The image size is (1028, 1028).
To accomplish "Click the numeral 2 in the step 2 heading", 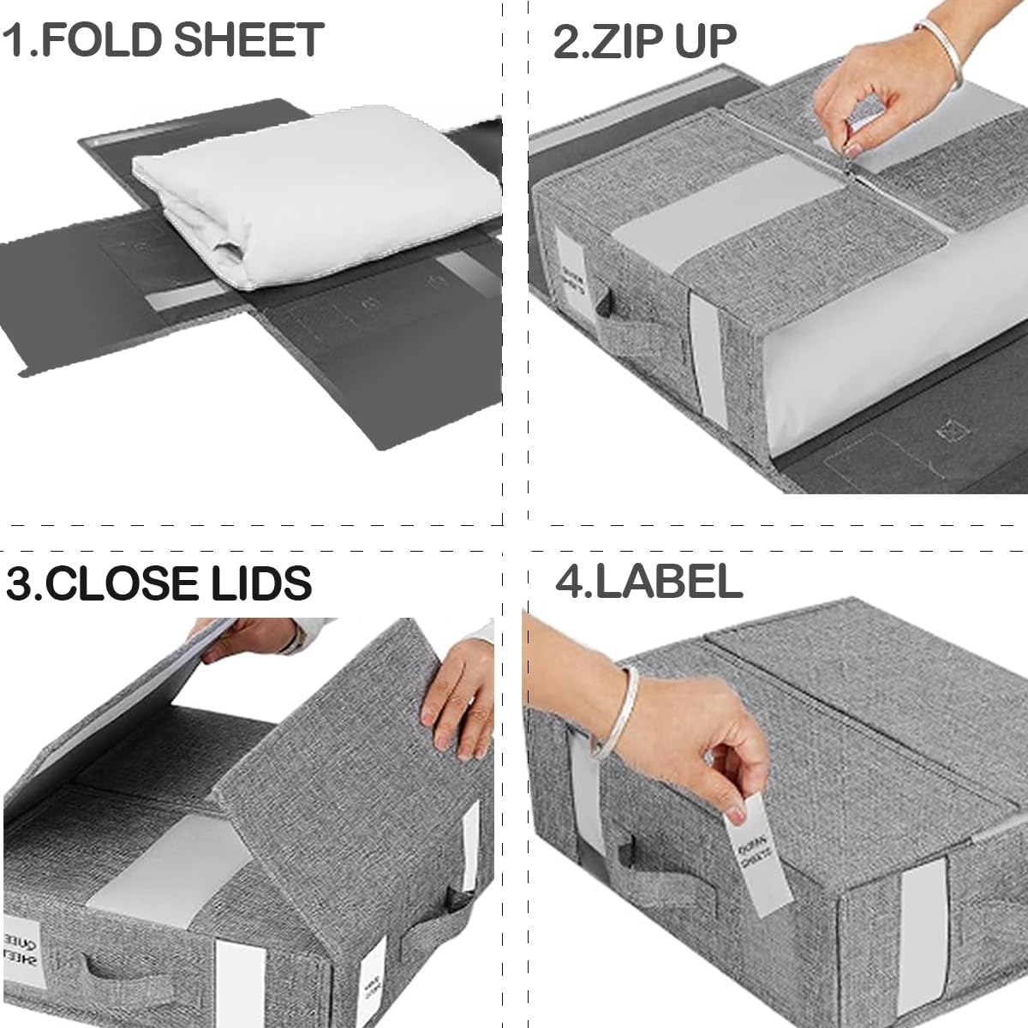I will click(567, 40).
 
